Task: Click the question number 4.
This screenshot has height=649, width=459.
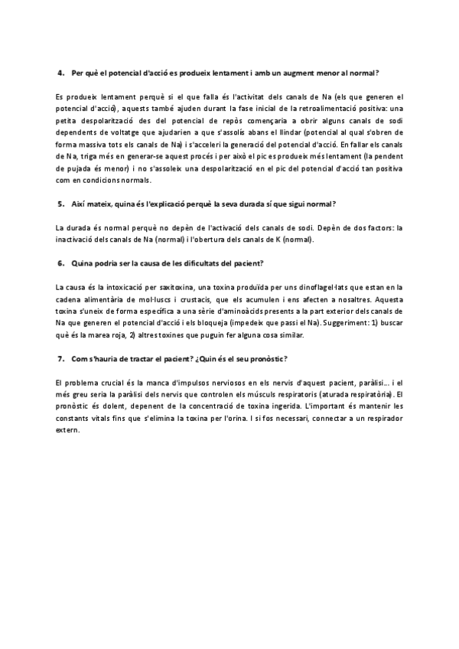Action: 61,73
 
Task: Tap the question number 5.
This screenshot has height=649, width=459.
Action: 61,204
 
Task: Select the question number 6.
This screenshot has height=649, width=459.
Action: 61,263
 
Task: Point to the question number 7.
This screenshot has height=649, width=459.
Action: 61,359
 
